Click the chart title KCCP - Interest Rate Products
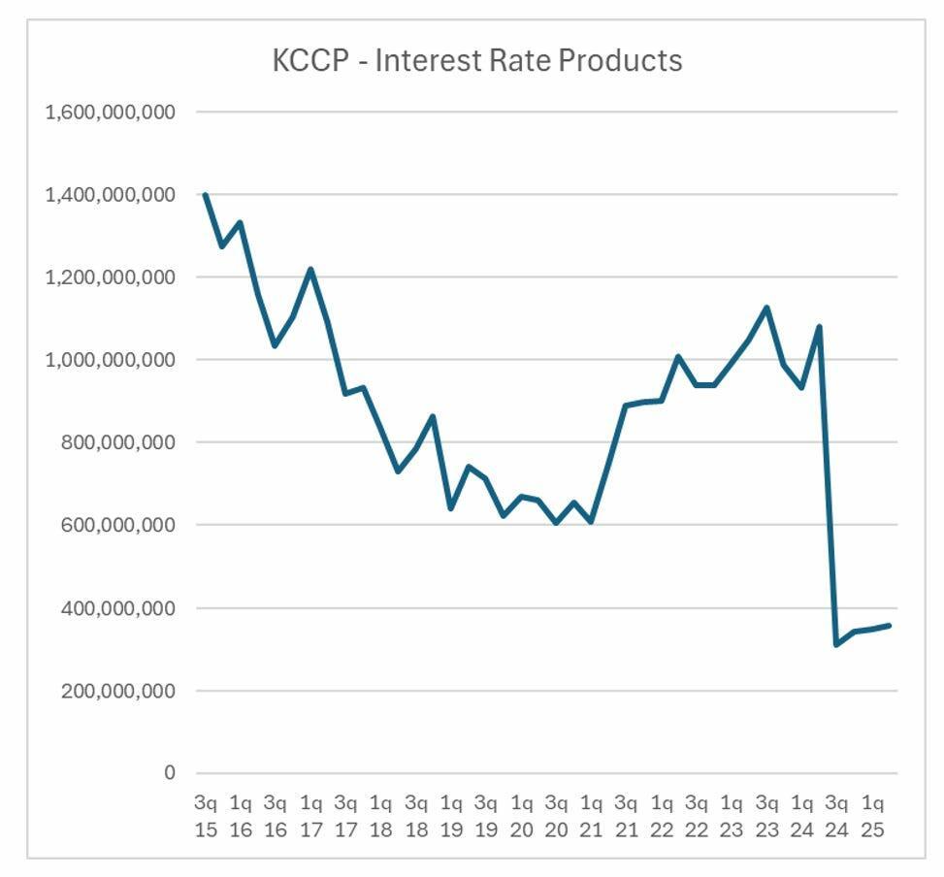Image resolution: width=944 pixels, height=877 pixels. (x=477, y=61)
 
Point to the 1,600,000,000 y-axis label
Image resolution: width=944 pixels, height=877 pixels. (x=111, y=113)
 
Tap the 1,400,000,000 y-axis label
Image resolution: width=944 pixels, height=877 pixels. (x=111, y=195)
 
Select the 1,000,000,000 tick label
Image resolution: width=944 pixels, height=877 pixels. (x=111, y=360)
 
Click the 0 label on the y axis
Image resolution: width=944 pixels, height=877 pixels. (x=170, y=773)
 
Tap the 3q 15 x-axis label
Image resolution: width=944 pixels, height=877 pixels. (x=206, y=816)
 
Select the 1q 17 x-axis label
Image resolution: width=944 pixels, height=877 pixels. (x=310, y=816)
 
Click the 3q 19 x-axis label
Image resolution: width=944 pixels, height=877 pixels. (x=486, y=816)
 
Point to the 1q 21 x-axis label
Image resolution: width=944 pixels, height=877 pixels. (x=591, y=816)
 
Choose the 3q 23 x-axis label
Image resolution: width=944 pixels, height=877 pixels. (x=766, y=816)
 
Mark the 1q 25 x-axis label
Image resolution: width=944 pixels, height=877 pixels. (x=872, y=816)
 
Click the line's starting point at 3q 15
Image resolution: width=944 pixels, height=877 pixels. (x=205, y=195)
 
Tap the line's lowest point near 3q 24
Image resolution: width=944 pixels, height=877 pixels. (x=836, y=644)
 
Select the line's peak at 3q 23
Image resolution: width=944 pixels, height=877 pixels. (x=766, y=308)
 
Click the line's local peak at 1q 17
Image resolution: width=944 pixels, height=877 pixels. (x=310, y=269)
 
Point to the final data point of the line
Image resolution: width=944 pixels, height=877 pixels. (x=889, y=626)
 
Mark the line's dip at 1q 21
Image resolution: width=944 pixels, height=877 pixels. (x=591, y=522)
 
